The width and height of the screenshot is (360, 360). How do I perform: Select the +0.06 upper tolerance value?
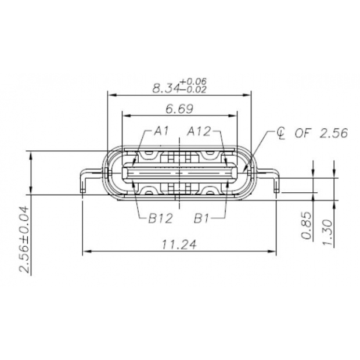[x=193, y=81]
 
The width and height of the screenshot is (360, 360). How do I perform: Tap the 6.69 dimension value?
[x=179, y=109]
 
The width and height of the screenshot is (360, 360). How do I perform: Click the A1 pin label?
[x=161, y=132]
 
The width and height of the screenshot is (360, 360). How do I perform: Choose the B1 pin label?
[x=201, y=218]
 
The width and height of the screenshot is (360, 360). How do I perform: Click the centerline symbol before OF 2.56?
[x=280, y=134]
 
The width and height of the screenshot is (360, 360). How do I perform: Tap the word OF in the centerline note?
[x=303, y=133]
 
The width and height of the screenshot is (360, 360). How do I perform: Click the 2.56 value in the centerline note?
[x=332, y=133]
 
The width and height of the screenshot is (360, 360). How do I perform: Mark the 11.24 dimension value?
[x=179, y=245]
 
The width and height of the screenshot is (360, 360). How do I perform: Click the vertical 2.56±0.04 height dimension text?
[x=24, y=239]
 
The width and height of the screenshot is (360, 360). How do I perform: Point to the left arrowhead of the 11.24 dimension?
[x=87, y=251]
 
